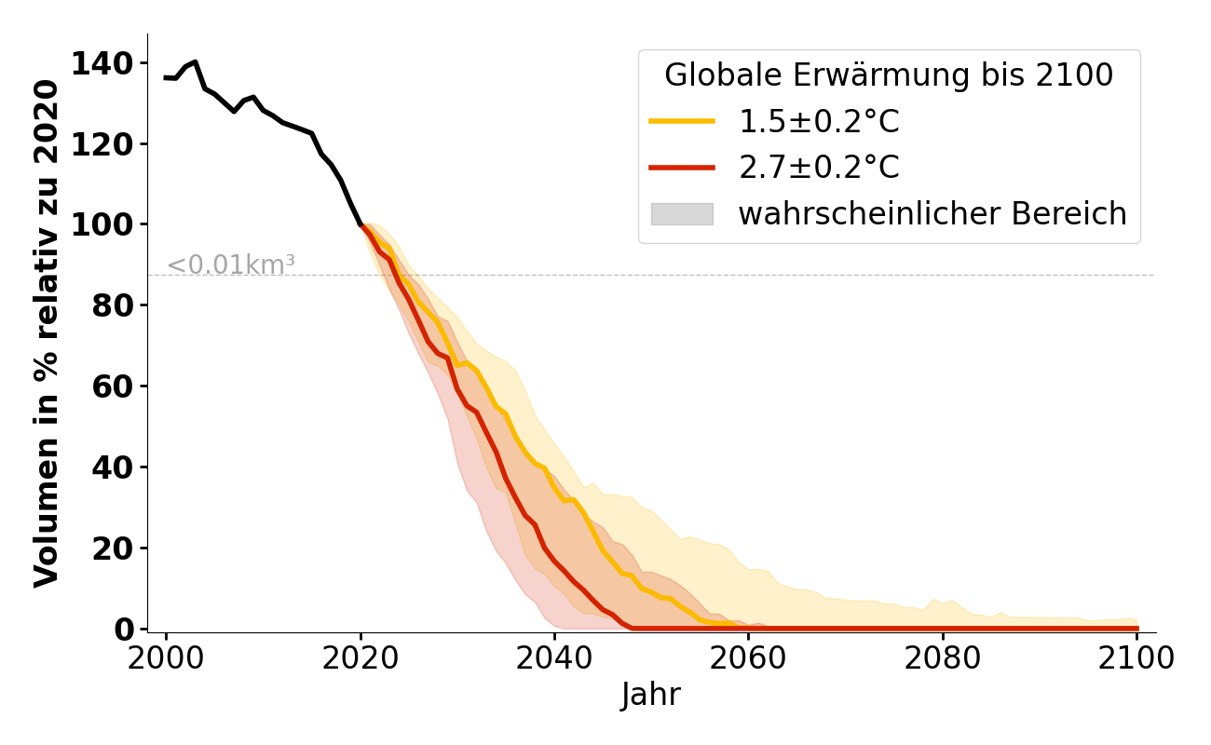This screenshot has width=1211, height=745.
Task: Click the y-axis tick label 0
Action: (x=124, y=629)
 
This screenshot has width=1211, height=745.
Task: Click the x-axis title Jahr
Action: (x=651, y=695)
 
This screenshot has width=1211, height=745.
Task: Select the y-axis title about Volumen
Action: (x=47, y=332)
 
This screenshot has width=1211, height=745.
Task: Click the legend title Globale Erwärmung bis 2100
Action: (x=889, y=75)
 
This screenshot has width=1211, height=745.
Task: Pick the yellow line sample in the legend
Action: (x=682, y=121)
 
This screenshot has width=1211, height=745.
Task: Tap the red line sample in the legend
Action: (x=682, y=168)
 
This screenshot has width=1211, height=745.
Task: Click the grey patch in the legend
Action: (x=682, y=214)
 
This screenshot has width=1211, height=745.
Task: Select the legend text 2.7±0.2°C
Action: (x=819, y=168)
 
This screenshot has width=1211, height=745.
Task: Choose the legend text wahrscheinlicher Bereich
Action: (x=932, y=214)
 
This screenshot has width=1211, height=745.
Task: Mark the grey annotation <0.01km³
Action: (x=231, y=265)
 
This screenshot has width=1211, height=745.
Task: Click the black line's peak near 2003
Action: (x=195, y=62)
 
